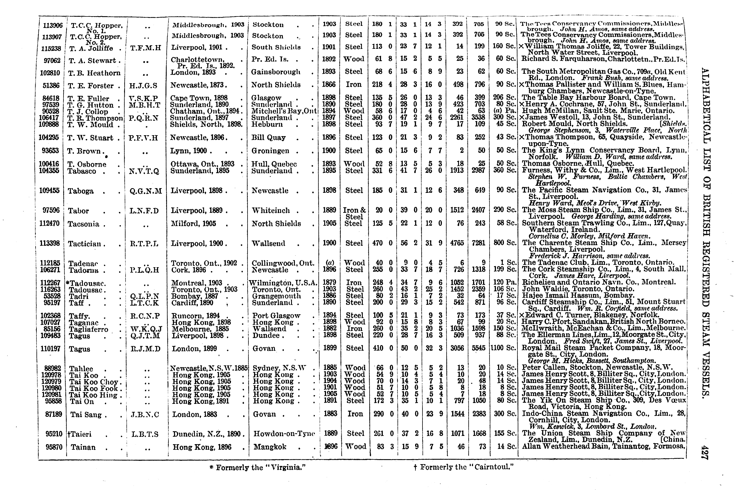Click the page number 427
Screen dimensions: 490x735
tap(705, 452)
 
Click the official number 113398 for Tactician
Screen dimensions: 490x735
tap(50, 243)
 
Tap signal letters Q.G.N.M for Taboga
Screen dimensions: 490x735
tap(146, 191)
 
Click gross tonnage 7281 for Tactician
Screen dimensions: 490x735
tap(478, 243)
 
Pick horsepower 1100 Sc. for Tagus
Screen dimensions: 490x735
tap(503, 348)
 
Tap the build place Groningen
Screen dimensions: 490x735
tap(270, 151)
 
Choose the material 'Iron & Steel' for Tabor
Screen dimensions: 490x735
tap(354, 213)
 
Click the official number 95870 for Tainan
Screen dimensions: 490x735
tap(54, 447)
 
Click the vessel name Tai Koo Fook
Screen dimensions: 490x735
tap(93, 388)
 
